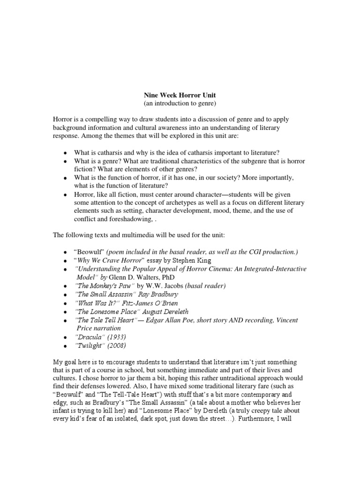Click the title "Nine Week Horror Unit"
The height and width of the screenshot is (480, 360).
[180, 95]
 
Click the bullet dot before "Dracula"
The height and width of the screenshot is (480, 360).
[64, 337]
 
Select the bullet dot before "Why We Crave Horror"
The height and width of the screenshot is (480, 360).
[64, 261]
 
